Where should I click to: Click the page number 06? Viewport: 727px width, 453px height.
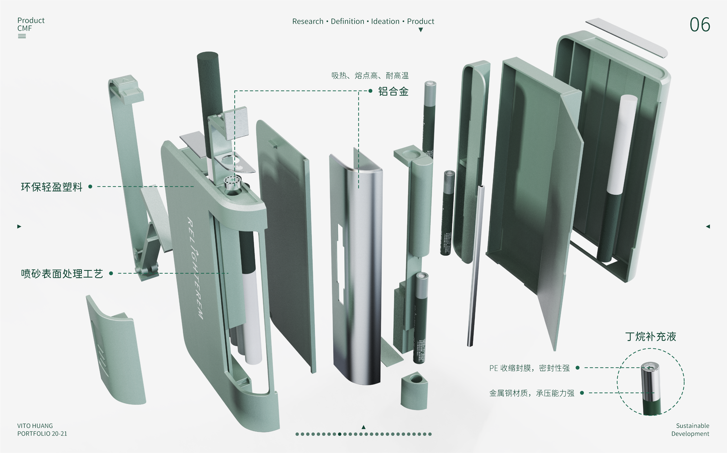[x=699, y=25]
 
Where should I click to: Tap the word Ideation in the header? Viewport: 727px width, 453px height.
[x=385, y=21]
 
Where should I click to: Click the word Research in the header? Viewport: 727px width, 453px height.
[x=308, y=21]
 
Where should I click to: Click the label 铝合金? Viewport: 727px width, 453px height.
[x=393, y=91]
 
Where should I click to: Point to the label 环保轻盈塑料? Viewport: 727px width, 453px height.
[x=52, y=187]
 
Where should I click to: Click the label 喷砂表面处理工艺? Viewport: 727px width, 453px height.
[x=62, y=274]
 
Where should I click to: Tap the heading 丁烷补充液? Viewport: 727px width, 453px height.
[x=650, y=337]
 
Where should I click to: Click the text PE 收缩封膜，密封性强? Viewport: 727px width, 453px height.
[x=529, y=368]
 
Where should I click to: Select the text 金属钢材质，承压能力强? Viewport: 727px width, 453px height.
[x=531, y=393]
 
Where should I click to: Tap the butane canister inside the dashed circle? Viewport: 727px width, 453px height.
[x=651, y=388]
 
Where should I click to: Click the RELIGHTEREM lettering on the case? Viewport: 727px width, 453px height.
[x=195, y=268]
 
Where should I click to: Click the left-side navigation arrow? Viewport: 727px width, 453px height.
[x=19, y=226]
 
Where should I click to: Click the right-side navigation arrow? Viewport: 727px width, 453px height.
[x=708, y=226]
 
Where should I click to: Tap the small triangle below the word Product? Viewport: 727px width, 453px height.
[x=421, y=30]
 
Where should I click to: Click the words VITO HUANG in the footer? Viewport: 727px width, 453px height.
[x=35, y=426]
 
